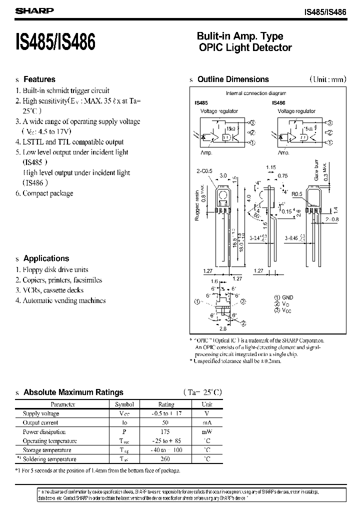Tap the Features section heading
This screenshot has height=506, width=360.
[x=39, y=79]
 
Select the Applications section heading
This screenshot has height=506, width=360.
[x=46, y=258]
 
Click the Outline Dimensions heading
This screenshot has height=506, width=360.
[x=233, y=79]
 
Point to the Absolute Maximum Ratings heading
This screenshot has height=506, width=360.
[x=73, y=392]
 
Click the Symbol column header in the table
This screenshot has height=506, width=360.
[x=124, y=404]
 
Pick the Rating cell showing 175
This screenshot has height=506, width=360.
[x=166, y=432]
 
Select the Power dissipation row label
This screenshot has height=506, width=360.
[x=44, y=432]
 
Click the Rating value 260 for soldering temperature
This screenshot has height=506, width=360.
[x=166, y=459]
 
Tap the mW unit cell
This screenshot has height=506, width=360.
[x=207, y=432]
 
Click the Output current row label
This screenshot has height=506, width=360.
[x=41, y=422]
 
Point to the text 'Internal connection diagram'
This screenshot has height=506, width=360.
[x=256, y=93]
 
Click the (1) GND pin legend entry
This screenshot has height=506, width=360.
[x=284, y=297]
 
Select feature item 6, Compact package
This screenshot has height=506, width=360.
[x=48, y=193]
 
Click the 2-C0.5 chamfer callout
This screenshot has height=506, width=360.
[x=204, y=171]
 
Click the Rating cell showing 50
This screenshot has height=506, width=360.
[x=166, y=422]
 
